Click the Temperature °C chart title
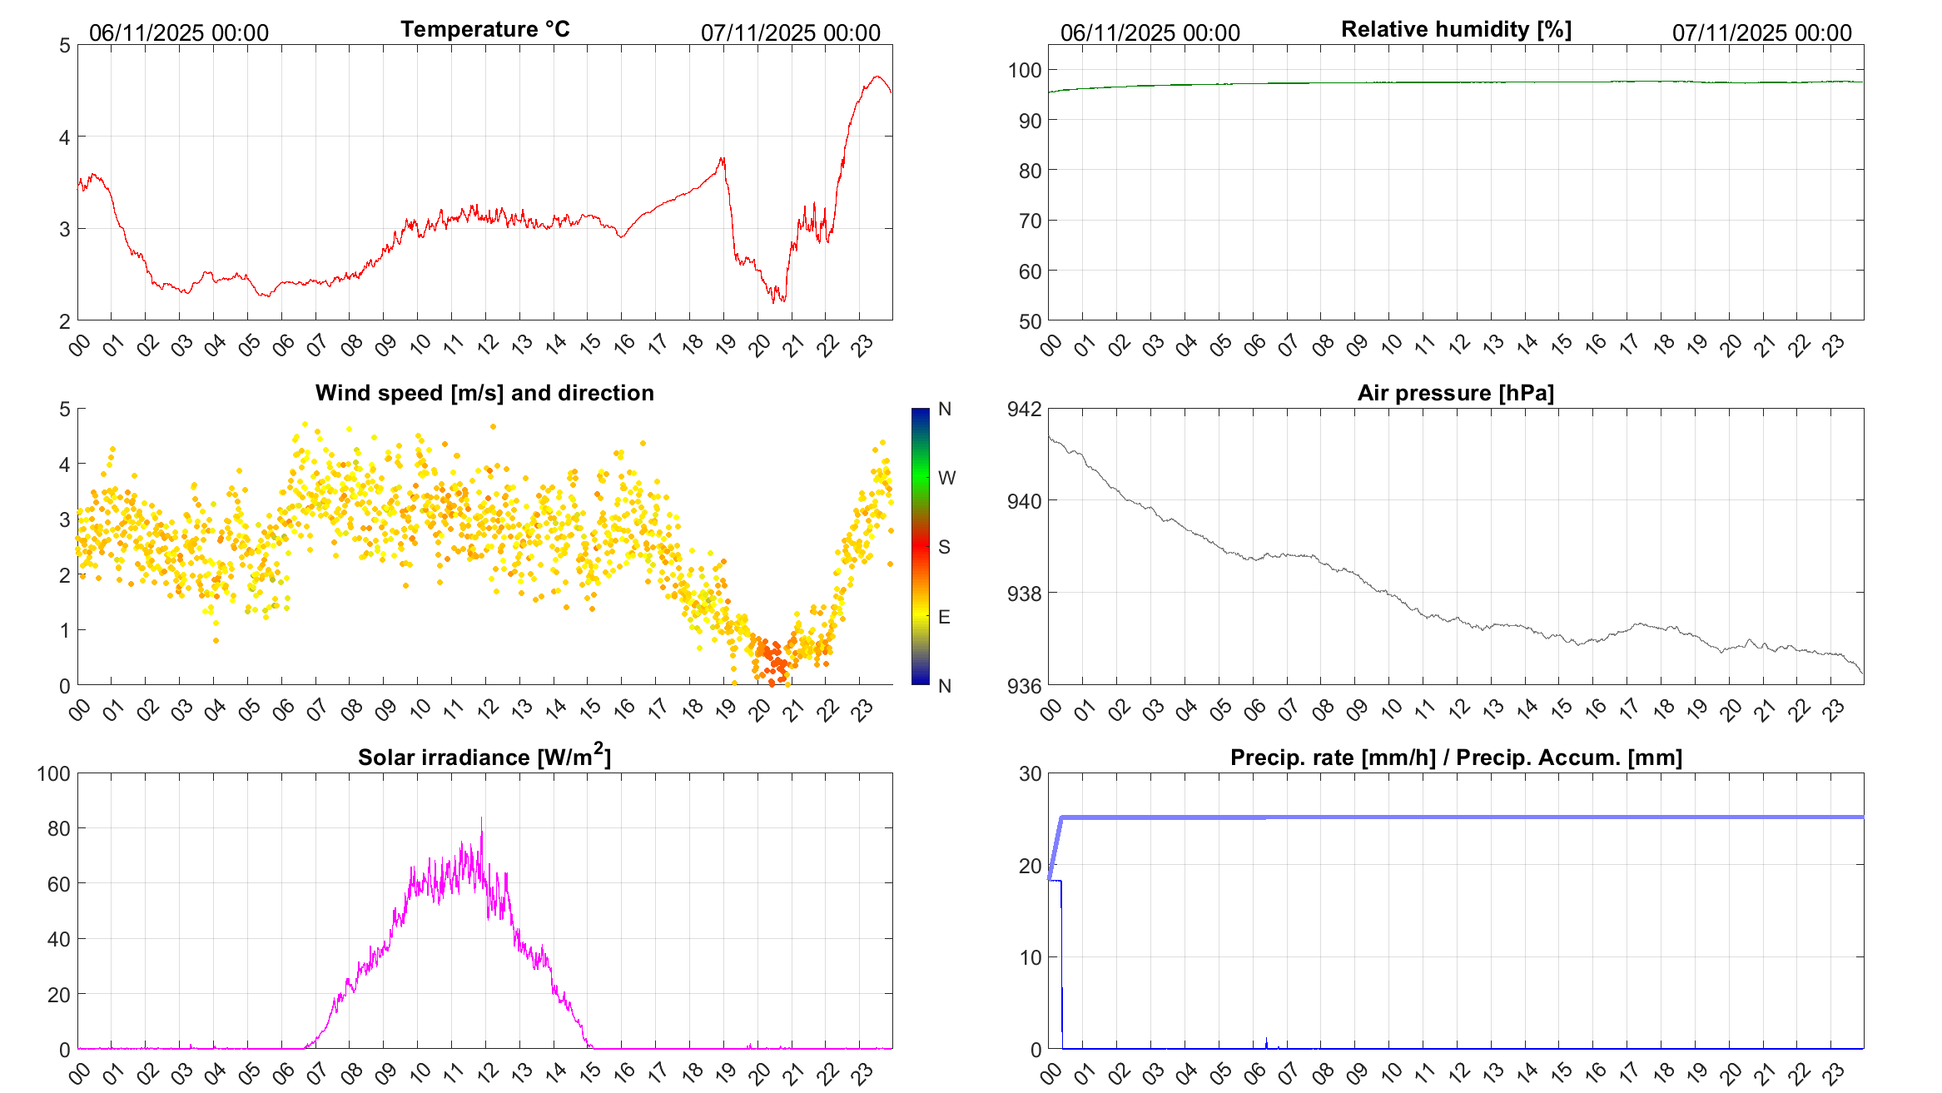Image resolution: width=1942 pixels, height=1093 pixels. [485, 29]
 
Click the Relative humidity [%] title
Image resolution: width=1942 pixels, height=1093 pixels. [1456, 29]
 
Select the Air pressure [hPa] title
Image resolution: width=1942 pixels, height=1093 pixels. [1456, 393]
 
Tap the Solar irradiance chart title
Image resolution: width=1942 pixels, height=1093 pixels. [484, 757]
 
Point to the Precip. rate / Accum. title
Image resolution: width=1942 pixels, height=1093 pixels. [1456, 758]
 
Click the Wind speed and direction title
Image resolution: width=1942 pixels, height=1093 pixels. [484, 393]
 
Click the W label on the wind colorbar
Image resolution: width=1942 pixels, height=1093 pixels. [946, 478]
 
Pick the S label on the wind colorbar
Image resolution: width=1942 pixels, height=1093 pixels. [944, 547]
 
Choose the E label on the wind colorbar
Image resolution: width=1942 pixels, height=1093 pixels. [944, 617]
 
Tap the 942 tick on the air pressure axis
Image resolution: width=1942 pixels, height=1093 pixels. [1023, 409]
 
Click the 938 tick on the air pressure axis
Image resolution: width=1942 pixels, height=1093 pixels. [1023, 594]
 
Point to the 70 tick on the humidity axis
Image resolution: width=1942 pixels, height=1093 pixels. [1029, 221]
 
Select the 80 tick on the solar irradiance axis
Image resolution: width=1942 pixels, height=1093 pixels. [59, 828]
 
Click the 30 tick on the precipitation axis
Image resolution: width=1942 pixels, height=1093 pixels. [1030, 773]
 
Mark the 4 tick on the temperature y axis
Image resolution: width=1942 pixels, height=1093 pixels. [65, 137]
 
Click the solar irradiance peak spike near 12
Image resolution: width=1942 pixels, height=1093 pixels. [481, 819]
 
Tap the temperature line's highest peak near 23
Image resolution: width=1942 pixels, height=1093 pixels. [877, 77]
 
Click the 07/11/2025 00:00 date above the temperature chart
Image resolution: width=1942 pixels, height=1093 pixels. [790, 32]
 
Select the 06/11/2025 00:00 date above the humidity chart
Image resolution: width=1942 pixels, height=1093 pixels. [1150, 32]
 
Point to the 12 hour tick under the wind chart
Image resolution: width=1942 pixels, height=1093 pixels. [488, 709]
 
